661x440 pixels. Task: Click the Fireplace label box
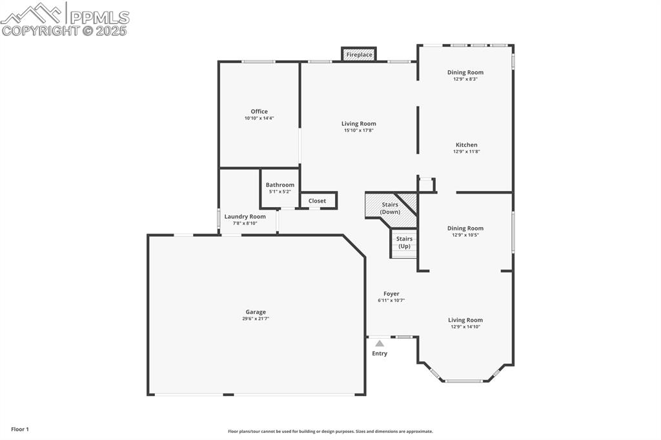click(x=359, y=55)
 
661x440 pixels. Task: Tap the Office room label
click(x=259, y=112)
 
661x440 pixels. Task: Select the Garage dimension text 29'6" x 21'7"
click(x=256, y=319)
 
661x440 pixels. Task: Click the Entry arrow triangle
click(x=380, y=344)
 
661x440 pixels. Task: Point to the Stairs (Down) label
click(x=390, y=208)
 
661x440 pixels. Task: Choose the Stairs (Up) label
click(x=404, y=243)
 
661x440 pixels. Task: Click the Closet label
click(x=317, y=201)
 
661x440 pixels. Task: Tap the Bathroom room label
click(x=280, y=185)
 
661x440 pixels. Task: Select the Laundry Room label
click(x=245, y=217)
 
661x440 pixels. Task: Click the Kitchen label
click(x=466, y=145)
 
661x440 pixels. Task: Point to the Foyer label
click(x=391, y=294)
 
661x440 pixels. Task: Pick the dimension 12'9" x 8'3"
click(x=465, y=79)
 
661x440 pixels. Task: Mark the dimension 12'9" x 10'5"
click(x=465, y=235)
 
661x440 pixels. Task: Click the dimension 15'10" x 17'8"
click(x=358, y=130)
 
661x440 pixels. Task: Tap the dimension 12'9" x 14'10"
click(x=465, y=327)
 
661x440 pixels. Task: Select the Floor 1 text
click(x=19, y=429)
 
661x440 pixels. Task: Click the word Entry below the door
click(x=380, y=354)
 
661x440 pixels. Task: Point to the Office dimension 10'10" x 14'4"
click(x=259, y=119)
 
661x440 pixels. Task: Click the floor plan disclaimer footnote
click(x=330, y=432)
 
